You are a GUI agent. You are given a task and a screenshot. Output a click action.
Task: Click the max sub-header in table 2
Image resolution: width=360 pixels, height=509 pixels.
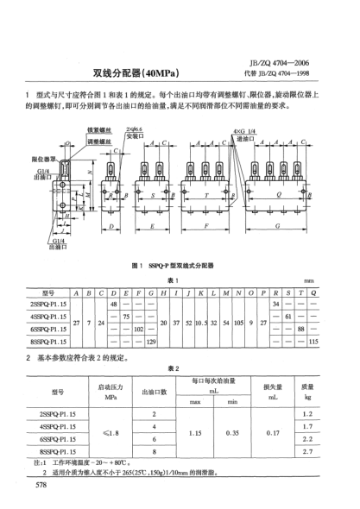(x=193, y=401)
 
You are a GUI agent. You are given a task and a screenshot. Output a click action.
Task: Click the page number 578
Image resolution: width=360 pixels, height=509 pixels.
(x=40, y=488)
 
